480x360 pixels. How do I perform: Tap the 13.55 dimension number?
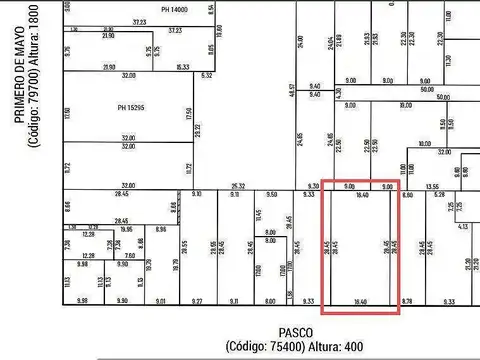432,186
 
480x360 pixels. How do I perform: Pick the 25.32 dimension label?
238,186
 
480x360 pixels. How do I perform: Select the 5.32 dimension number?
207,75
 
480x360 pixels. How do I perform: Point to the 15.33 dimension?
183,67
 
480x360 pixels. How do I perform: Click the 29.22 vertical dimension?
197,130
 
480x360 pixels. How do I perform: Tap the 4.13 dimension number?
463,227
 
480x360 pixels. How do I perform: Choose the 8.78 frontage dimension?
407,301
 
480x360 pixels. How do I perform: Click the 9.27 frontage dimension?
198,301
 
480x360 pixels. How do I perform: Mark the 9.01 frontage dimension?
161,301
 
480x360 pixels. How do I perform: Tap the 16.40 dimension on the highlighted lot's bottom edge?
361,301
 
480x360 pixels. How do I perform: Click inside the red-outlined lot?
360,250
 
